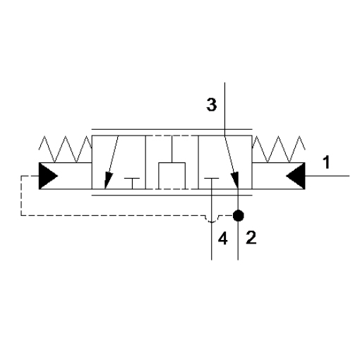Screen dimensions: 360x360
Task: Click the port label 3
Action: pyautogui.click(x=212, y=104)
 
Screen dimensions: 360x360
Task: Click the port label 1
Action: pyautogui.click(x=326, y=162)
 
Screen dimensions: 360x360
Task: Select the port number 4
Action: pyautogui.click(x=222, y=239)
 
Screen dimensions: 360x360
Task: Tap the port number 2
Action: pyautogui.click(x=251, y=237)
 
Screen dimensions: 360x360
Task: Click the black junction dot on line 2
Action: pyautogui.click(x=238, y=215)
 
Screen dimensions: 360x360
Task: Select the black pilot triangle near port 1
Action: pyautogui.click(x=296, y=176)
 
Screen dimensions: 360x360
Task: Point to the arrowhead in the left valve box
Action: pyautogui.click(x=108, y=180)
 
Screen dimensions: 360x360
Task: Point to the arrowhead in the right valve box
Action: pyautogui.click(x=235, y=180)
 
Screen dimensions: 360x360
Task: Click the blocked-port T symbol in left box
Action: pyautogui.click(x=132, y=184)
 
